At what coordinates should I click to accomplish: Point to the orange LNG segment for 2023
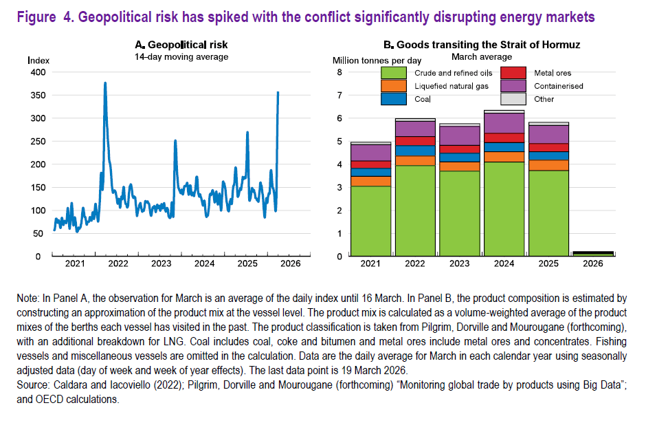pos(460,166)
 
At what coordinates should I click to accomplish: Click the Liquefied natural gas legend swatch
pos(394,86)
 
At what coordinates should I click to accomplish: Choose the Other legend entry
pos(544,99)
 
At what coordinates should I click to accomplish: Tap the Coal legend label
pos(423,99)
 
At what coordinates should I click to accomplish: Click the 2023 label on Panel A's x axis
pos(161,263)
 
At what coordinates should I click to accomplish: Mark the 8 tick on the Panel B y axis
pos(339,72)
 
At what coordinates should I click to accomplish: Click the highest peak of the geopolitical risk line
pos(105,83)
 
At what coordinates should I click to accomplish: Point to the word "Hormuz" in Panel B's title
pos(559,45)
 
